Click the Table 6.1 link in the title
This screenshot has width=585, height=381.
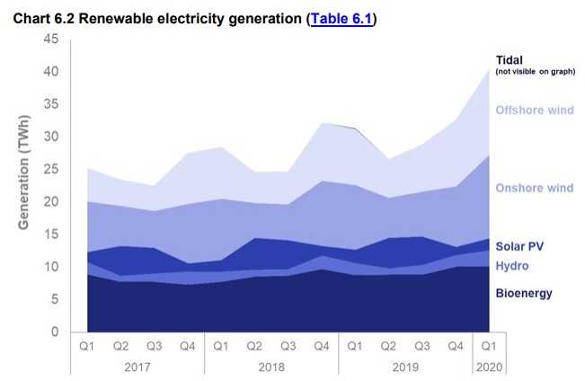pyautogui.click(x=341, y=18)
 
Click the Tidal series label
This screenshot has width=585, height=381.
pyautogui.click(x=510, y=59)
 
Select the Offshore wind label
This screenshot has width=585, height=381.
pyautogui.click(x=534, y=111)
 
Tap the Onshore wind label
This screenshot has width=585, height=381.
pyautogui.click(x=534, y=188)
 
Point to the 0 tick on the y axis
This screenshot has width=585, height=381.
pyautogui.click(x=55, y=332)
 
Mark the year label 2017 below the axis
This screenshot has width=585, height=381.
pyautogui.click(x=137, y=367)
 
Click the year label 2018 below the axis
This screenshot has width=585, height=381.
pyautogui.click(x=271, y=367)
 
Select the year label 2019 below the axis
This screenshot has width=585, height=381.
pyautogui.click(x=405, y=367)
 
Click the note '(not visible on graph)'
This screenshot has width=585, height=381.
pyautogui.click(x=535, y=71)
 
